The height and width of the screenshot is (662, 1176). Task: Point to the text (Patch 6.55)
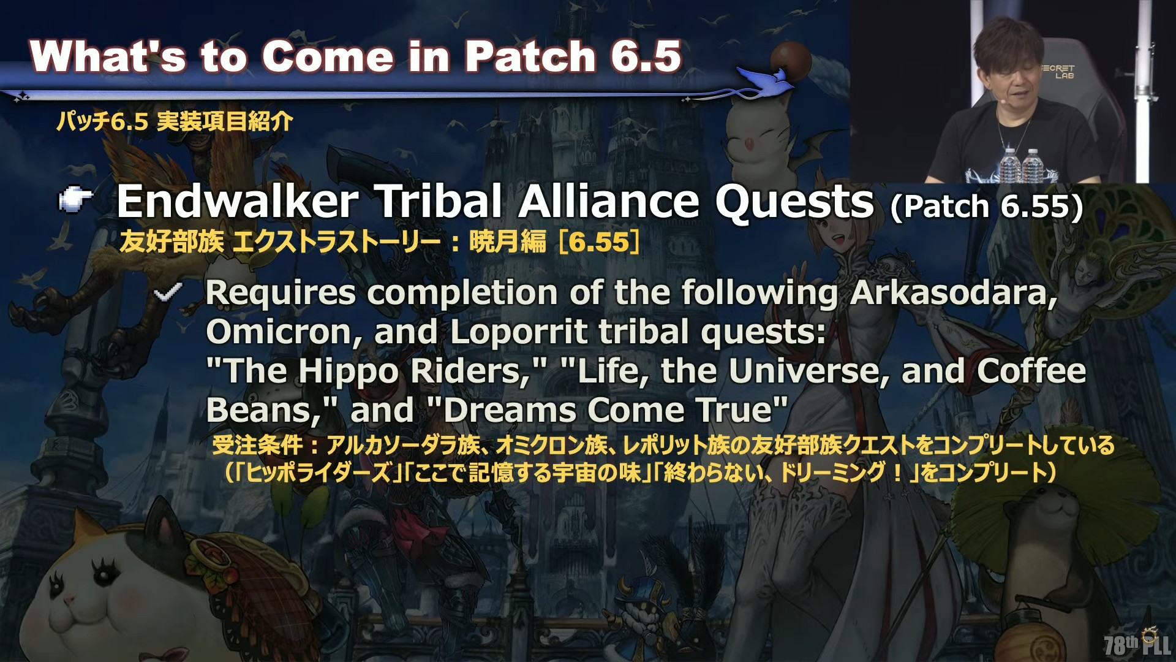987,207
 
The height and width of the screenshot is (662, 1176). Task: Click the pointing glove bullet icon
75,199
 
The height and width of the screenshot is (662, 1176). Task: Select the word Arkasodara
954,293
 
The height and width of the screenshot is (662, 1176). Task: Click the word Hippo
349,372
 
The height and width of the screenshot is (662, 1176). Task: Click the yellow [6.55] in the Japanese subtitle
600,242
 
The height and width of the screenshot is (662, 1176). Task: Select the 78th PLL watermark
1137,644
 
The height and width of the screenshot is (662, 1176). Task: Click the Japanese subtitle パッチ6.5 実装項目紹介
175,121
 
